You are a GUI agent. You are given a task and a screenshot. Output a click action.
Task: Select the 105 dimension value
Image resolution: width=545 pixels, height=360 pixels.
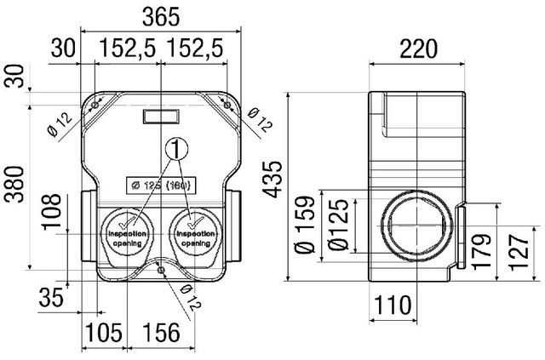[102, 333]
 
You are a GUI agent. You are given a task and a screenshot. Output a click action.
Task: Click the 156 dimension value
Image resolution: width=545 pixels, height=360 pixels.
[160, 333]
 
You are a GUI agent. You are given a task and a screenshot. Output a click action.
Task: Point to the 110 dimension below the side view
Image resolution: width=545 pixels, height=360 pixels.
[393, 305]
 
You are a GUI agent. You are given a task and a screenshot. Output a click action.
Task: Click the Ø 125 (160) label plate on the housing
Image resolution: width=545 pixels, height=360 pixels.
[159, 184]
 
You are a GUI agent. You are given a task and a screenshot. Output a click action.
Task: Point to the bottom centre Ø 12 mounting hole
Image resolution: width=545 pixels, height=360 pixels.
[161, 271]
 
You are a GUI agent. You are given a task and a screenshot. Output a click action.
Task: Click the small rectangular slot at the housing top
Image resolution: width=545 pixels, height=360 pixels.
[160, 115]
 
